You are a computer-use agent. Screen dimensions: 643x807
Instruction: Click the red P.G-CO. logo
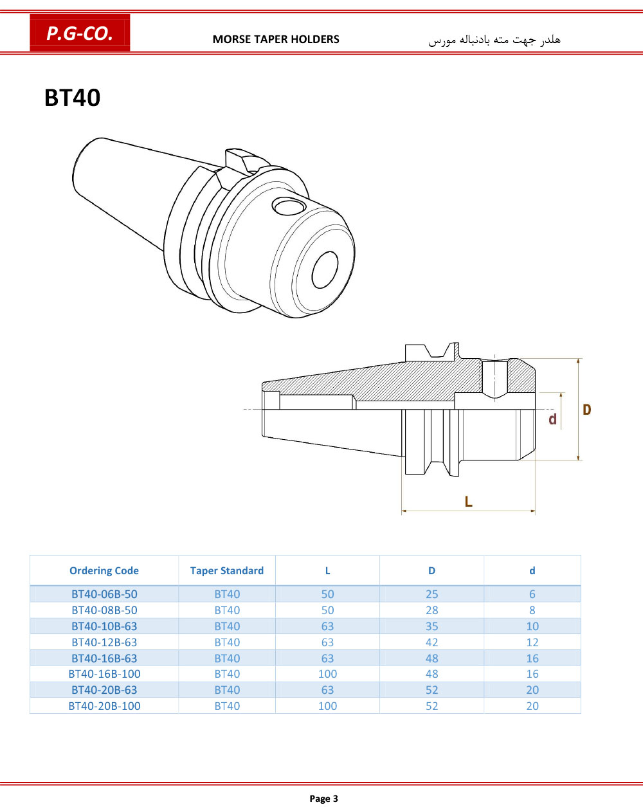point(80,33)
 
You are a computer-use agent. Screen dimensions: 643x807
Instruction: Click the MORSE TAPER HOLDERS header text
point(276,39)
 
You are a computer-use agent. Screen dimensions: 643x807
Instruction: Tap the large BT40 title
point(73,98)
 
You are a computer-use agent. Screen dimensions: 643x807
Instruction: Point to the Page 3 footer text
point(323,799)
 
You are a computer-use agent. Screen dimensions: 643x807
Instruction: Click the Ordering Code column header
point(104,570)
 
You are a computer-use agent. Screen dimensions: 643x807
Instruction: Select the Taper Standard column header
point(227,570)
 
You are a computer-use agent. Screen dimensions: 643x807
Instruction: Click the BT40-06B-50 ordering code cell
point(104,594)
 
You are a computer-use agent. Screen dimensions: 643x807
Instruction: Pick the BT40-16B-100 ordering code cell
point(104,674)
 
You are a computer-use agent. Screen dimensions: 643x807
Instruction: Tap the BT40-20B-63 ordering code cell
point(104,689)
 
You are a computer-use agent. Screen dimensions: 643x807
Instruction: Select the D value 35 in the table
point(432,626)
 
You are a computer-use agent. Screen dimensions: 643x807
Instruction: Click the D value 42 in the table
point(432,642)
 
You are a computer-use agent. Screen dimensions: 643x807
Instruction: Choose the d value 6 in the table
point(532,594)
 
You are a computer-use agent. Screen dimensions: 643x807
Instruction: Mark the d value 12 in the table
point(532,642)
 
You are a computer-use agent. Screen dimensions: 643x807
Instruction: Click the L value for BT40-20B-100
point(328,706)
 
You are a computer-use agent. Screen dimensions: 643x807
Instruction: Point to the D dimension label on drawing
point(587,410)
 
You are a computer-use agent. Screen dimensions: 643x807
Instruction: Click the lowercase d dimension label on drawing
point(552,419)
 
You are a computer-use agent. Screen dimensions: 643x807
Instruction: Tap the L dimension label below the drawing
point(468,502)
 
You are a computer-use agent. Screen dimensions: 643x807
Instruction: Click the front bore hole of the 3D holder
point(325,269)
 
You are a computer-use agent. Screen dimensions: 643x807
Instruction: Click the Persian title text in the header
point(494,39)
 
